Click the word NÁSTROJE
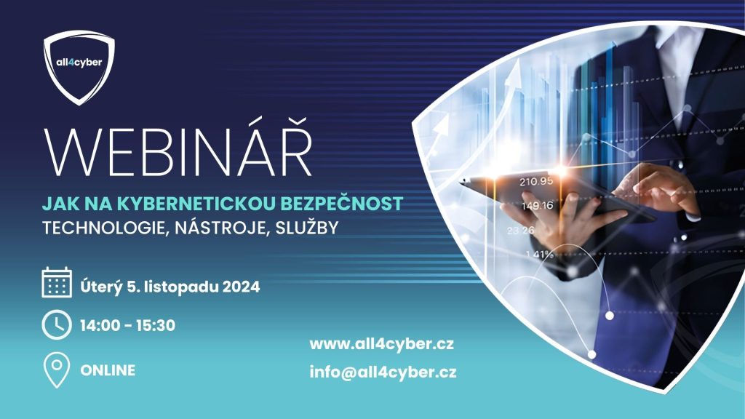tap(223, 228)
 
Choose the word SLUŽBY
tap(306, 227)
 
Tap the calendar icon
tap(57, 282)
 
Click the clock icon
tap(57, 325)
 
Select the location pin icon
tap(57, 370)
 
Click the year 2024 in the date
tap(241, 287)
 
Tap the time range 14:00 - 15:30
tap(127, 325)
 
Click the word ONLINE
tap(108, 370)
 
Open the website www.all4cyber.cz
tap(381, 344)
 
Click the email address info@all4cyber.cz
tap(383, 372)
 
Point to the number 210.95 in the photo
tap(536, 181)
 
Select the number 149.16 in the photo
tap(538, 206)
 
